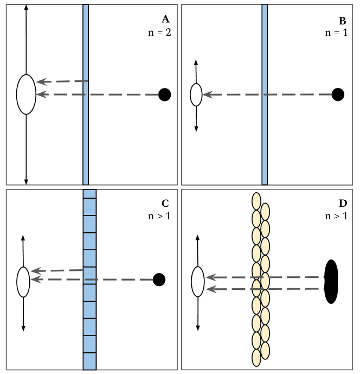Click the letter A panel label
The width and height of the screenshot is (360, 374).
[x=166, y=20]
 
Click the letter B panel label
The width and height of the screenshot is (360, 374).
[x=342, y=21]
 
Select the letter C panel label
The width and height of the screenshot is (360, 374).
[x=165, y=204]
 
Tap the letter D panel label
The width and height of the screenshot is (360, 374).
[x=342, y=204]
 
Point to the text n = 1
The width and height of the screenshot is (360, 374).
[x=336, y=32]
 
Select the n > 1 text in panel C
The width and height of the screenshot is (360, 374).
[x=159, y=215]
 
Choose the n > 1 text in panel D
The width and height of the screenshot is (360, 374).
[x=336, y=215]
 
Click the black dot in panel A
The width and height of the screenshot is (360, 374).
[x=165, y=94]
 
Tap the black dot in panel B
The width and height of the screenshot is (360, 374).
[x=338, y=94]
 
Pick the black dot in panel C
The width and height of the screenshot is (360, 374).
[x=159, y=280]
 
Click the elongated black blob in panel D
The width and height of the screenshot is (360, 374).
[x=331, y=281]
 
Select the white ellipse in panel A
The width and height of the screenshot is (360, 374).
[x=26, y=94]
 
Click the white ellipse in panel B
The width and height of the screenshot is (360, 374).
[x=196, y=94]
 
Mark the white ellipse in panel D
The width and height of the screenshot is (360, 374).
[x=198, y=282]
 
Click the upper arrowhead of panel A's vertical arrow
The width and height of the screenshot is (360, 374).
[x=26, y=9]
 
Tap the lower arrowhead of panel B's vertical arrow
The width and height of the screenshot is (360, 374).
[x=196, y=129]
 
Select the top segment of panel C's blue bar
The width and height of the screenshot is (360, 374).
[x=89, y=194]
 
